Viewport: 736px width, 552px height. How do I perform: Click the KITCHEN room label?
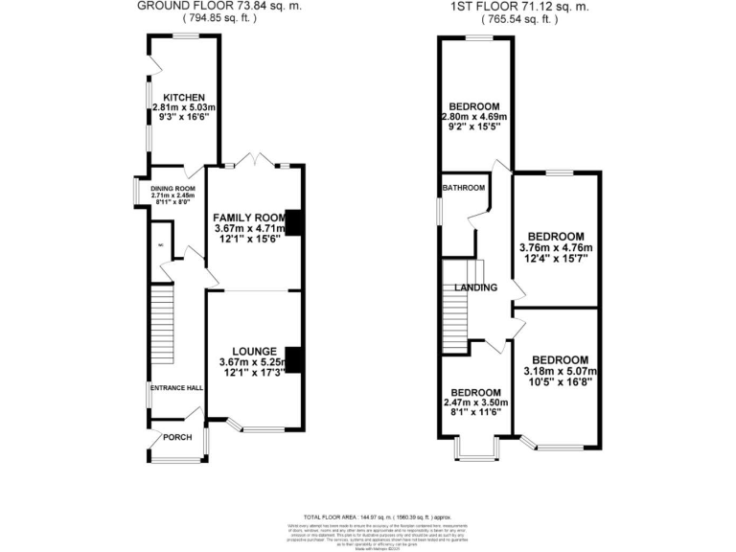coord(181,98)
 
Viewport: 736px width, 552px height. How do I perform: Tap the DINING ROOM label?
coord(172,188)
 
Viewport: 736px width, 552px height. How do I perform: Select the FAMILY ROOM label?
coord(249,217)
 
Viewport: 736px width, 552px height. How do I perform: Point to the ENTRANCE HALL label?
coord(174,388)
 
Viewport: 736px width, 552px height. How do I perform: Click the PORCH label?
coord(177,438)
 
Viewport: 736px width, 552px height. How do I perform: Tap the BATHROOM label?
coord(463,188)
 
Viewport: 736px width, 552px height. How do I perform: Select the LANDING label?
coord(476,287)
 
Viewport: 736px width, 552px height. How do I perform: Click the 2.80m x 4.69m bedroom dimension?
coord(473,117)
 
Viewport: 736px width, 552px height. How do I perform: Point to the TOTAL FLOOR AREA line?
coord(368,516)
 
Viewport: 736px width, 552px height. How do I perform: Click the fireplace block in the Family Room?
coord(295,222)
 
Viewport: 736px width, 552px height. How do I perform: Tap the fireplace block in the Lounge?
coord(295,360)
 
